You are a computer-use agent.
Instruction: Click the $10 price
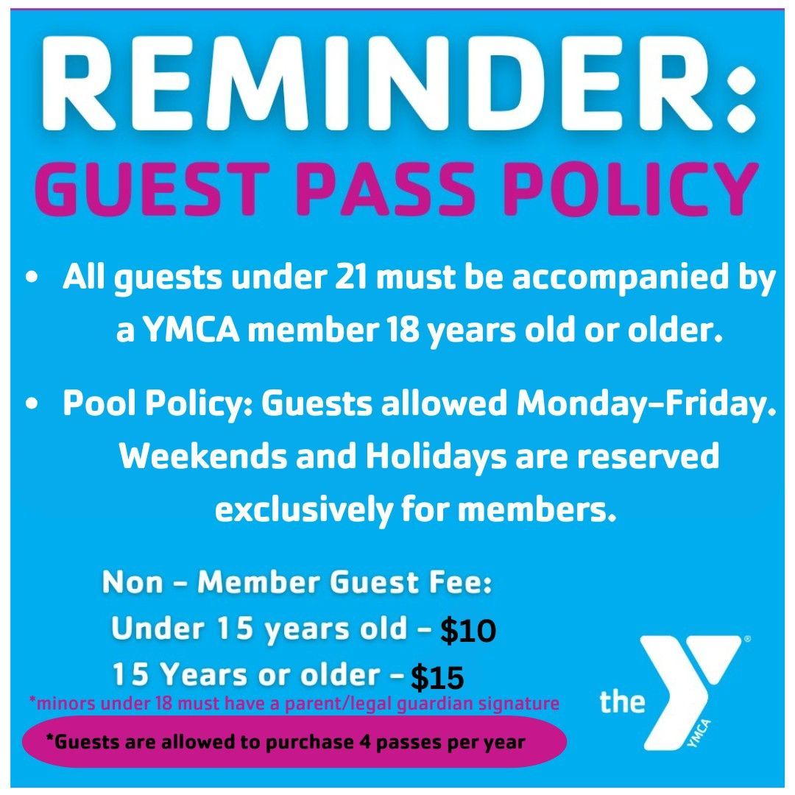pyautogui.click(x=468, y=631)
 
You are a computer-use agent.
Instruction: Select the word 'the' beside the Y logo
pyautogui.click(x=622, y=702)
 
